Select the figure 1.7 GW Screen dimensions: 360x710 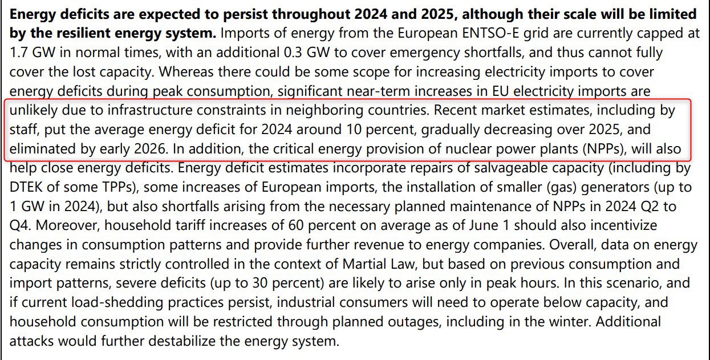tap(33, 52)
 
